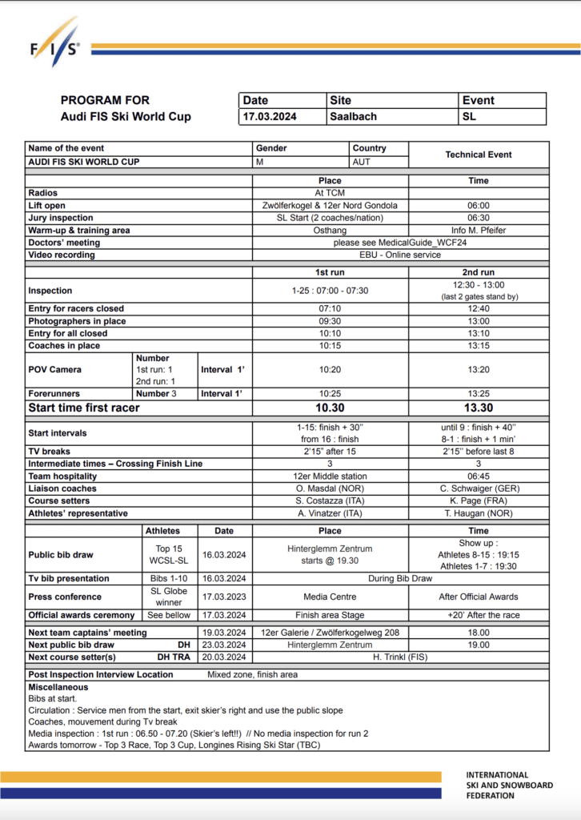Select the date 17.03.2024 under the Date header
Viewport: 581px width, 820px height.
270,117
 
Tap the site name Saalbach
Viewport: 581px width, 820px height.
353,117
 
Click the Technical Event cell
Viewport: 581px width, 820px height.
479,155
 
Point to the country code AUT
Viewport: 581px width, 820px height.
363,162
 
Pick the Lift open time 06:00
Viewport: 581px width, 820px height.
479,206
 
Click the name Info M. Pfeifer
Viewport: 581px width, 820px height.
479,231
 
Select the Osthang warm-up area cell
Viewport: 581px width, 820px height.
330,231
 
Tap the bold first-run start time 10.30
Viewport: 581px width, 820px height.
330,408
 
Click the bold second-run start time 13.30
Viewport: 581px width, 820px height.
479,408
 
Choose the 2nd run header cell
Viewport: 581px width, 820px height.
479,272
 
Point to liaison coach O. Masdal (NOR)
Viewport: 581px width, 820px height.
330,488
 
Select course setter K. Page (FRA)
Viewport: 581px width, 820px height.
479,500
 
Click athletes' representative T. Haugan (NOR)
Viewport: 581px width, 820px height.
479,513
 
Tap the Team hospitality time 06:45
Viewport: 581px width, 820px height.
479,476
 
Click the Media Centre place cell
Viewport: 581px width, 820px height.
330,597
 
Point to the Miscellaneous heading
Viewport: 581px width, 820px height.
58,687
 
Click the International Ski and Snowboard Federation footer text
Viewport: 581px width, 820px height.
510,786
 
